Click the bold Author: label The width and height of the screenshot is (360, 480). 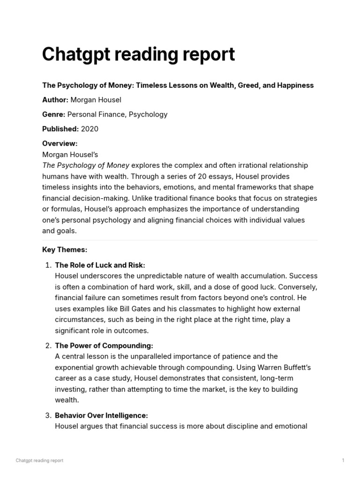(x=55, y=100)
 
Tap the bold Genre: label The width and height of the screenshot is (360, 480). (x=54, y=114)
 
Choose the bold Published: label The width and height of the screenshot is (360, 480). (x=60, y=129)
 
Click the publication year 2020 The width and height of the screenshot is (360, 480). (x=90, y=129)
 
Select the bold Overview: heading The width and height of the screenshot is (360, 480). (x=60, y=143)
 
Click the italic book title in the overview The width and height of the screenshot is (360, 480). (x=85, y=165)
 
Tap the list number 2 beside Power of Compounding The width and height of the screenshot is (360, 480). (x=48, y=346)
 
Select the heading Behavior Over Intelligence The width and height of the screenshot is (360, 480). (x=101, y=415)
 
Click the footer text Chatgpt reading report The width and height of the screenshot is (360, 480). (x=39, y=460)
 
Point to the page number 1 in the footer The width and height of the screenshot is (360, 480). (x=343, y=460)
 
